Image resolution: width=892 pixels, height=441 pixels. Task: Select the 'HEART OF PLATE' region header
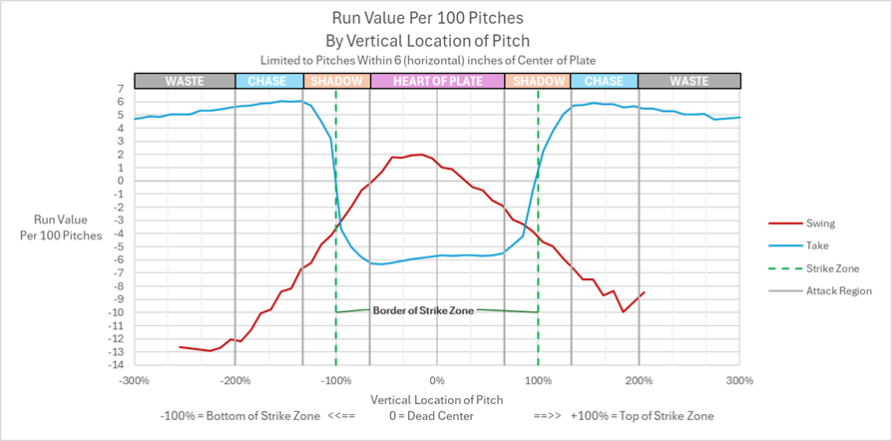pyautogui.click(x=437, y=81)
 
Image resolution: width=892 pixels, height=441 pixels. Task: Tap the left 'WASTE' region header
pyautogui.click(x=185, y=81)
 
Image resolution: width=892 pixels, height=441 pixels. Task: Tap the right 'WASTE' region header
pyautogui.click(x=688, y=81)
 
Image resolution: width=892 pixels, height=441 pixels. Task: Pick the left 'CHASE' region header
pyautogui.click(x=268, y=81)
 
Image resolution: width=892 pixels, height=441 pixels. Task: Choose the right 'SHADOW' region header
pyautogui.click(x=538, y=81)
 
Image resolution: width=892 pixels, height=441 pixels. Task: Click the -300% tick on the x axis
pyautogui.click(x=134, y=380)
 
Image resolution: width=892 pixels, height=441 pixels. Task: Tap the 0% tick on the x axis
pyautogui.click(x=437, y=380)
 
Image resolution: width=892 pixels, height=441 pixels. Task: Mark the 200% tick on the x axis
pyautogui.click(x=639, y=380)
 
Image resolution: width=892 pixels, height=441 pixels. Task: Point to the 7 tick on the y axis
pyautogui.click(x=119, y=89)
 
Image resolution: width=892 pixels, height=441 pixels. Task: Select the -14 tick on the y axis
pyautogui.click(x=116, y=364)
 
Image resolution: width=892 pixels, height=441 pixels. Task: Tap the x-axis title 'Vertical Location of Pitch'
pyautogui.click(x=436, y=398)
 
